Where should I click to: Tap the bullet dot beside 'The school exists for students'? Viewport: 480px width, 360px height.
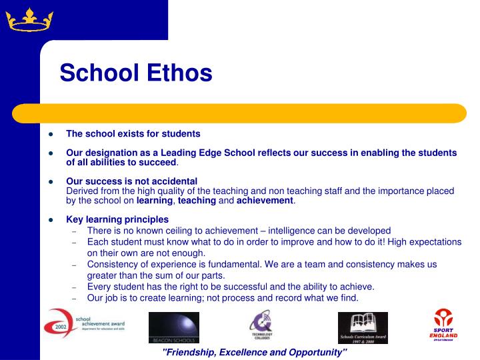pyautogui.click(x=50, y=134)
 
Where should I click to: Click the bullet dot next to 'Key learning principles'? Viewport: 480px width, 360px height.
pyautogui.click(x=50, y=219)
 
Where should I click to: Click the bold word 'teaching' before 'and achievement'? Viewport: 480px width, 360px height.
pyautogui.click(x=197, y=200)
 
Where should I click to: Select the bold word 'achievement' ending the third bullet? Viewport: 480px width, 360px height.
pyautogui.click(x=265, y=200)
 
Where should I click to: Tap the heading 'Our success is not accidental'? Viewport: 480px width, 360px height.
pyautogui.click(x=131, y=181)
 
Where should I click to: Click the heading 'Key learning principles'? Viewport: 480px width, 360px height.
pyautogui.click(x=117, y=219)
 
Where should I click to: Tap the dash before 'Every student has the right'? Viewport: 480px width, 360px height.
pyautogui.click(x=75, y=287)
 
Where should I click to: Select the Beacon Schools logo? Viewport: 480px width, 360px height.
pyautogui.click(x=173, y=327)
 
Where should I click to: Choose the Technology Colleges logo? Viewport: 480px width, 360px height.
pyautogui.click(x=261, y=327)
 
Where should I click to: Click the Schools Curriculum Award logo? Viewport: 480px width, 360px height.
pyautogui.click(x=363, y=327)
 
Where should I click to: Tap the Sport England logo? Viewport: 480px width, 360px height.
pyautogui.click(x=443, y=325)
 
